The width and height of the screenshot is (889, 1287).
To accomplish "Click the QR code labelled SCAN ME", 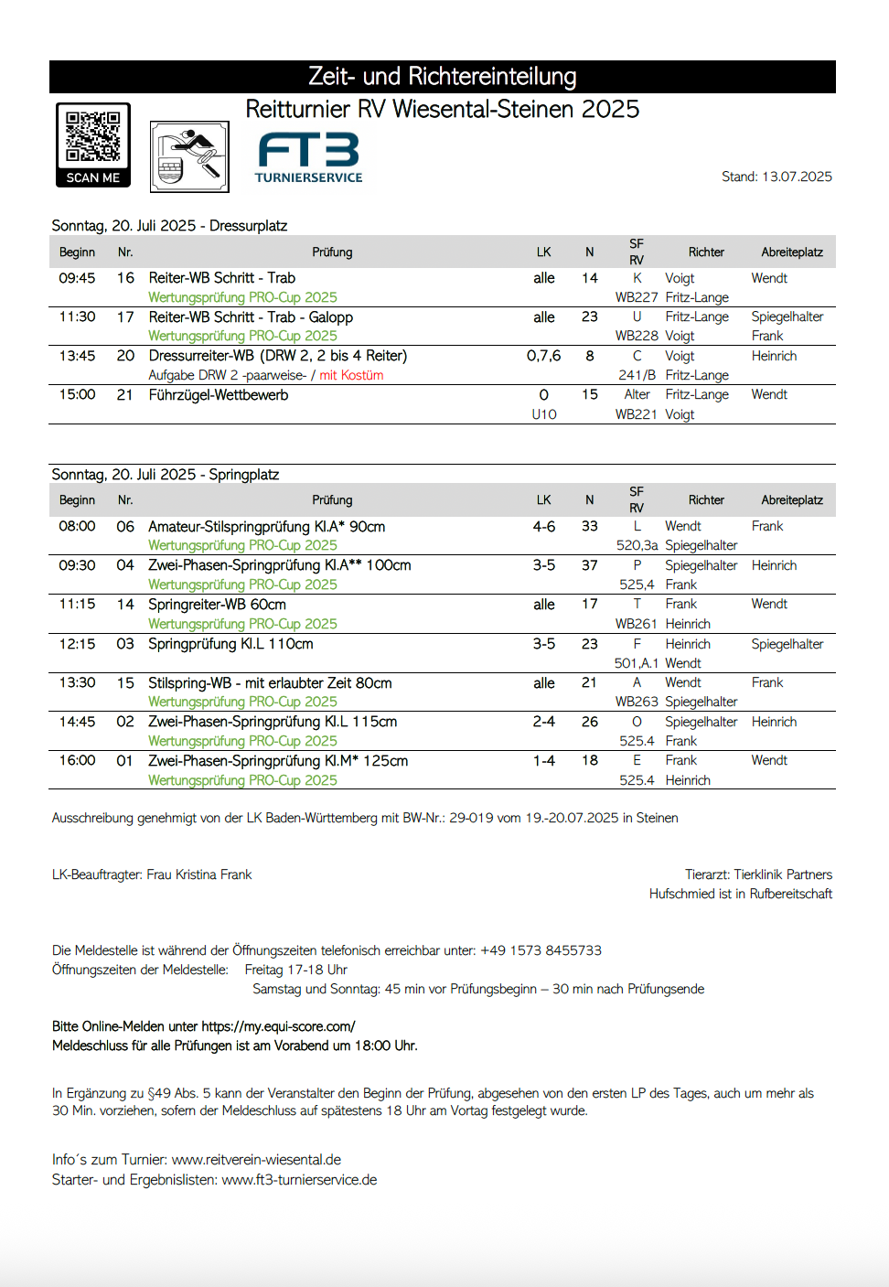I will (x=93, y=144).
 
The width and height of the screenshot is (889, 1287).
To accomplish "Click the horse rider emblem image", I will (x=189, y=156).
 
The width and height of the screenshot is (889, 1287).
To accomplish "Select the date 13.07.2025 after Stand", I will (x=797, y=177).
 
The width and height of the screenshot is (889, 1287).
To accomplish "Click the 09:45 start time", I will (x=77, y=278).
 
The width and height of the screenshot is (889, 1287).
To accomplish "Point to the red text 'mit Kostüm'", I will (x=351, y=375).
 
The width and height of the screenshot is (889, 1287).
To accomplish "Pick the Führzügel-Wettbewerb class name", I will (x=219, y=395).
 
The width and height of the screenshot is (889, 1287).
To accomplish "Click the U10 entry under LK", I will (x=544, y=414).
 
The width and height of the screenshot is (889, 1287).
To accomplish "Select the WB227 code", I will (x=637, y=297).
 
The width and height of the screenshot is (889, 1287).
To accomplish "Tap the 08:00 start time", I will (x=77, y=527).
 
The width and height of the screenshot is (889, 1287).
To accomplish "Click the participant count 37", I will (x=590, y=565).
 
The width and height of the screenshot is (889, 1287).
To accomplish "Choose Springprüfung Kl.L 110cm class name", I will (x=230, y=644).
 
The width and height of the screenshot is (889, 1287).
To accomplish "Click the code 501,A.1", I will (x=637, y=663).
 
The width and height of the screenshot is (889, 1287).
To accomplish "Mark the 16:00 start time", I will (x=77, y=761).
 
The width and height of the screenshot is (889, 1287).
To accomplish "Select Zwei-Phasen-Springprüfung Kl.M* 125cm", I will (x=278, y=761).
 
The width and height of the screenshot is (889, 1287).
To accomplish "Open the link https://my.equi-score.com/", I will (x=278, y=1026).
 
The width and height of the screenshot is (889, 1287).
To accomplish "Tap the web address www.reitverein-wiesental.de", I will (x=256, y=1160).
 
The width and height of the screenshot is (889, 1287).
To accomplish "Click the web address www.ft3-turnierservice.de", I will (x=299, y=1180).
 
